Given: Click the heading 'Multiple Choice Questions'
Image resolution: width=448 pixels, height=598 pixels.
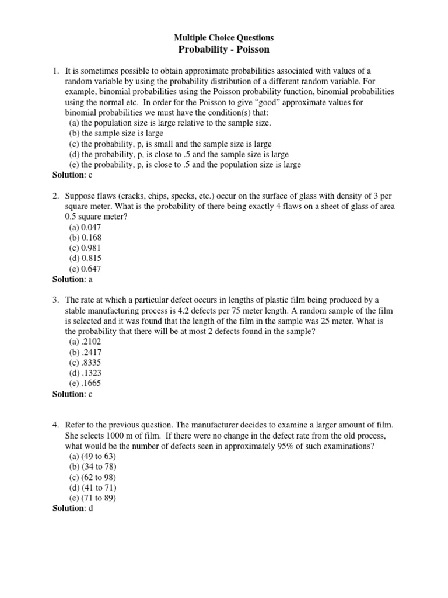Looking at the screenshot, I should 224,37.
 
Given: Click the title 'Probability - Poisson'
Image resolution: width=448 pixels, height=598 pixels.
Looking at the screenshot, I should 224,50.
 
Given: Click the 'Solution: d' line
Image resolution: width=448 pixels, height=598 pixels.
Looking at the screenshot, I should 73,508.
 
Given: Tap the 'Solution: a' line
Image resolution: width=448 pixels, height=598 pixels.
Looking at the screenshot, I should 73,279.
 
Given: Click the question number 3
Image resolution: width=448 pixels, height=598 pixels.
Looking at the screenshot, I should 56,300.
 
